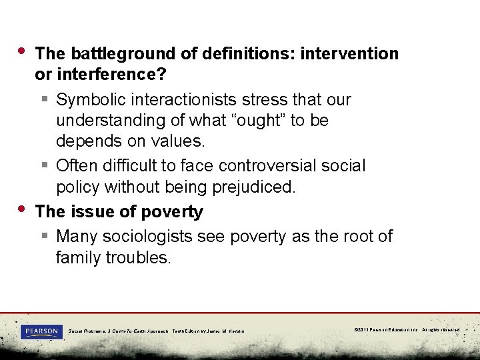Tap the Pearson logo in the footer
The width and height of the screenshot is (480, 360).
tap(41, 331)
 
